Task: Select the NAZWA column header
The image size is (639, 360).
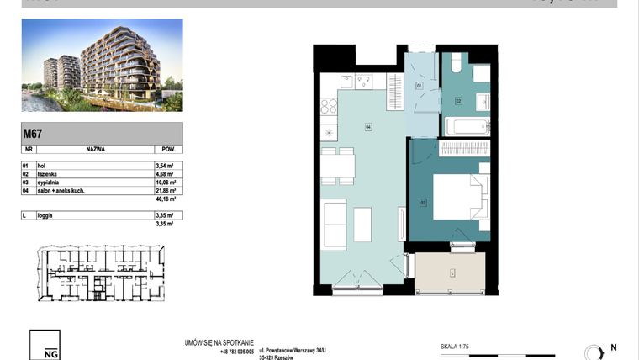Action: [x=95, y=147]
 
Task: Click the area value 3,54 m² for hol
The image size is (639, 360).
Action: [x=164, y=167]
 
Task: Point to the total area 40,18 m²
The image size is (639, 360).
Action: [x=165, y=200]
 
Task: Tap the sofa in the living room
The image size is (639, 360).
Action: [x=334, y=222]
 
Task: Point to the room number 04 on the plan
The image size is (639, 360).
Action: [x=367, y=127]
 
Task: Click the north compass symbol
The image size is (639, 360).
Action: [x=592, y=352]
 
